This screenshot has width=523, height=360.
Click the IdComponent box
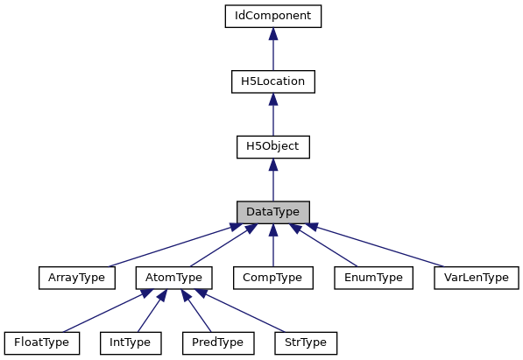273,16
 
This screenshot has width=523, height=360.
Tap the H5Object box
273,147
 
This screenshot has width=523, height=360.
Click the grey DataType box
273,213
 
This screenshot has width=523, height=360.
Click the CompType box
273,278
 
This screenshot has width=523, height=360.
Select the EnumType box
373,278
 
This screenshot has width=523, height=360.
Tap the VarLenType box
477,278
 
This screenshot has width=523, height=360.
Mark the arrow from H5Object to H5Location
273,116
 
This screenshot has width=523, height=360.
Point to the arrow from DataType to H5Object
273,182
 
